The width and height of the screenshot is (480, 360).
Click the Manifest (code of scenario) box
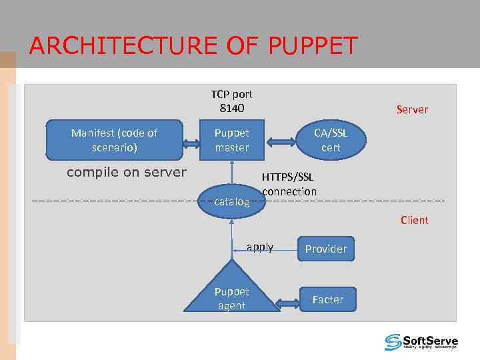click(115, 140)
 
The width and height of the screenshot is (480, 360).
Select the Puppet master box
click(231, 140)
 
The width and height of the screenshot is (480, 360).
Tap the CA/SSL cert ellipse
click(331, 140)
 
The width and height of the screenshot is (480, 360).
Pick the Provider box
click(326, 249)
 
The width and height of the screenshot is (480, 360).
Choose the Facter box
click(328, 299)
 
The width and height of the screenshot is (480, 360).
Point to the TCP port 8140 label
click(231, 101)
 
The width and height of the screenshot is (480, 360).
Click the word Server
click(412, 109)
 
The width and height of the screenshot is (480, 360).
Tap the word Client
click(414, 220)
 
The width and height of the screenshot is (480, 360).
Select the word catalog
click(232, 202)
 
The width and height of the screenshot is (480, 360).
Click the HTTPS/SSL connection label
click(289, 184)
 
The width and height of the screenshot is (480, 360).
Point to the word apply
click(260, 247)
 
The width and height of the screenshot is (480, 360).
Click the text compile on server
click(127, 172)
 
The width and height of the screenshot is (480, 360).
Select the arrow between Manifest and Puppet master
click(191, 142)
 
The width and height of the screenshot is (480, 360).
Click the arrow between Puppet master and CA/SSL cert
click(281, 141)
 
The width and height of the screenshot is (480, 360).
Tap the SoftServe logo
click(421, 341)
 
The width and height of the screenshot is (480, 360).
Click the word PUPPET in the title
click(313, 46)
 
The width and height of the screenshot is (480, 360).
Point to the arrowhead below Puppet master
click(231, 165)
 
